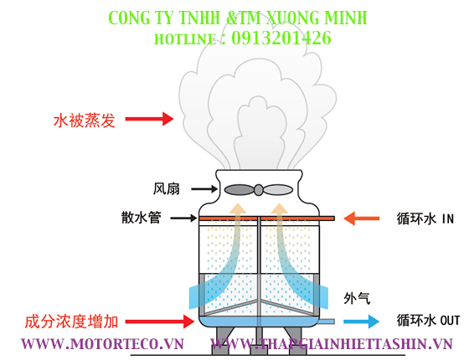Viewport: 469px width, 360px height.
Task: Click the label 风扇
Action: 166,188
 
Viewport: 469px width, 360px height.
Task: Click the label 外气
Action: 356,297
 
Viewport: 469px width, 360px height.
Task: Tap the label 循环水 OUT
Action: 428,320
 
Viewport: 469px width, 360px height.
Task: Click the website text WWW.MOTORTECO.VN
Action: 101,344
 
